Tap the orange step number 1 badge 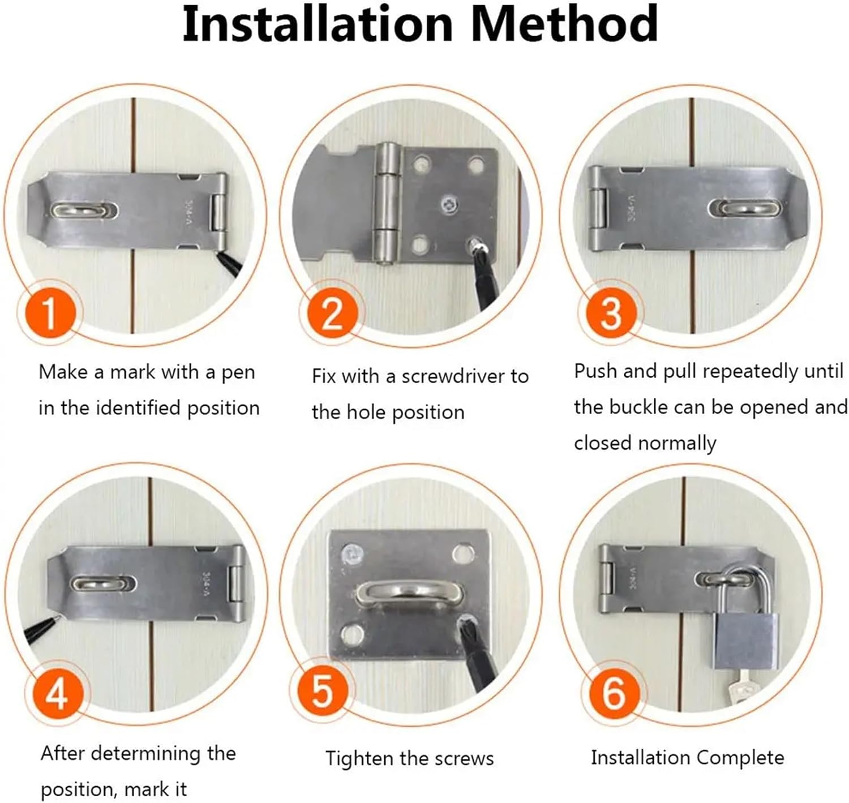click(x=50, y=313)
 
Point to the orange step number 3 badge click(x=610, y=313)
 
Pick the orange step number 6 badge click(x=614, y=693)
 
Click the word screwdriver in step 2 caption click(x=451, y=377)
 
